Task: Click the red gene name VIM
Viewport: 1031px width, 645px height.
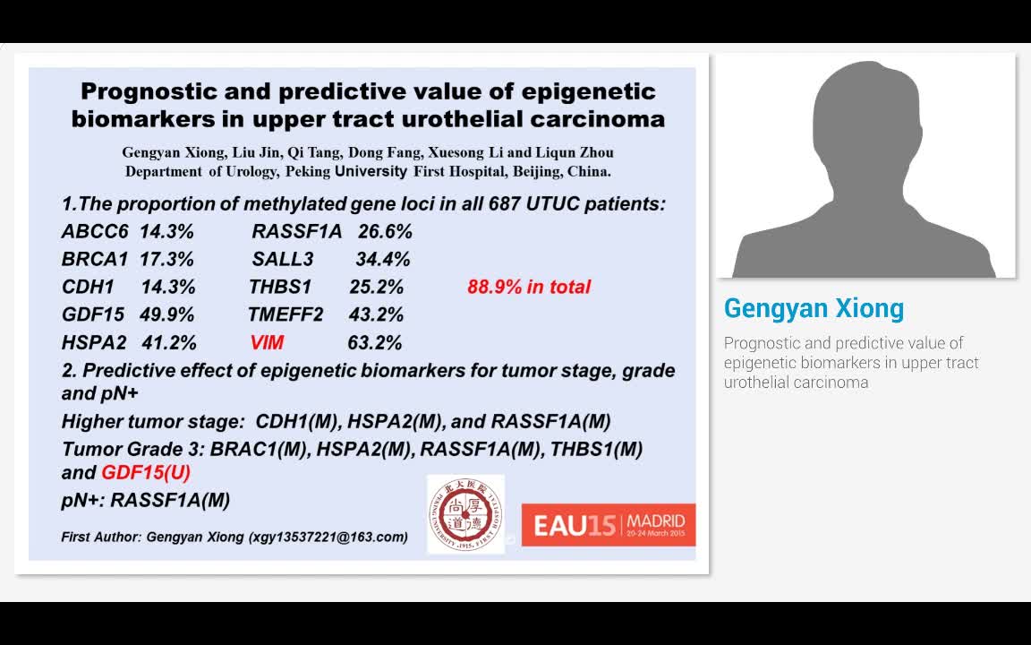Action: coord(267,342)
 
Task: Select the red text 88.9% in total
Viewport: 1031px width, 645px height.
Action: coord(529,288)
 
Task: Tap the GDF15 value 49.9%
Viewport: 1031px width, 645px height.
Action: coord(166,315)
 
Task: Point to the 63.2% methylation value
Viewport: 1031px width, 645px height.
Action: coord(374,342)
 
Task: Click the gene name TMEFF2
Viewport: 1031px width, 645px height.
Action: coord(285,315)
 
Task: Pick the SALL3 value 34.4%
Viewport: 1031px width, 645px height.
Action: coord(382,260)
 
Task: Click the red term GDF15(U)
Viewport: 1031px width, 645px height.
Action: coord(146,472)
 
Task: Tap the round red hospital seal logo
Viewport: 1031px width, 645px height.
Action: coord(464,513)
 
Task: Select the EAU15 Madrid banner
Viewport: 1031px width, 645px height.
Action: coord(609,524)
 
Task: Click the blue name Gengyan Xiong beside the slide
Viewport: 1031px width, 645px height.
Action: coord(814,308)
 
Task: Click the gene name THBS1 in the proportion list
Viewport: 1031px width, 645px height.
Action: coord(280,288)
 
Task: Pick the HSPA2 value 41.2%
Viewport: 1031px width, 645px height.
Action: coord(168,342)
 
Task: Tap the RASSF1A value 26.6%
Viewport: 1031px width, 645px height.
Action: coord(385,232)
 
